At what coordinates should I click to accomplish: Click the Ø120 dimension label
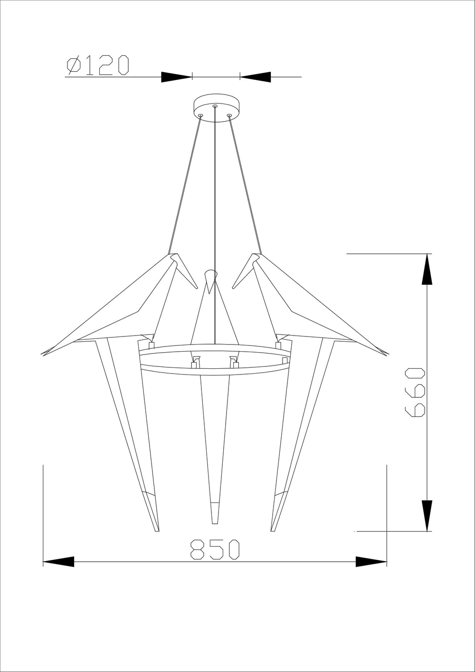pos(98,65)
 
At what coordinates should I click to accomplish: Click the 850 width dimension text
pos(215,549)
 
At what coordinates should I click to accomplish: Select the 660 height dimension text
pos(415,392)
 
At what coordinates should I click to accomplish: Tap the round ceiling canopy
pos(216,108)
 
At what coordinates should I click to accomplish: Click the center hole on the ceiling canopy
pos(215,106)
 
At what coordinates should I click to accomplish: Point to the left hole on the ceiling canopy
pos(200,115)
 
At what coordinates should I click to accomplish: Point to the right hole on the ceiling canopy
pos(229,115)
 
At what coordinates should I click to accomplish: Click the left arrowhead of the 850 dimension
pos(59,561)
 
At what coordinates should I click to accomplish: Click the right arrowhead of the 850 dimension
pos(371,561)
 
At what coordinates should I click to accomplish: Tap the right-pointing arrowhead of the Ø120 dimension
pos(176,77)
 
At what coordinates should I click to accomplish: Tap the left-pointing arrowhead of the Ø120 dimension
pos(256,77)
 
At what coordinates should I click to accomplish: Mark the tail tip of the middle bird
pos(215,522)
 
